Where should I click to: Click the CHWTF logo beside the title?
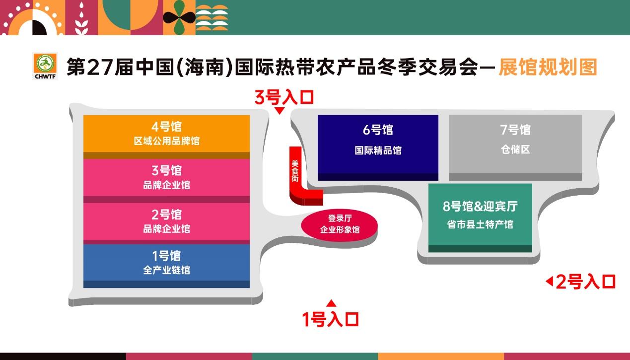point(45,66)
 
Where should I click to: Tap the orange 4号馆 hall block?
point(166,137)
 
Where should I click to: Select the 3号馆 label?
point(166,170)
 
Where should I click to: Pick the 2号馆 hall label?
point(166,215)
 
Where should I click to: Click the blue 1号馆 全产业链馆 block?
point(166,266)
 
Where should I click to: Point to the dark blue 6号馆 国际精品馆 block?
point(378,147)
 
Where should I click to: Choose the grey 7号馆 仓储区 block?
point(515,147)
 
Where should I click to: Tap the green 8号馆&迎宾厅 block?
point(480,218)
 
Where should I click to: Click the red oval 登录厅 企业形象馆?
point(340,225)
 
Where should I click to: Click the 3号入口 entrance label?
point(284,97)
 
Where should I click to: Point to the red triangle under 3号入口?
point(280,111)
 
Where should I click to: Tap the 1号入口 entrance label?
point(331,319)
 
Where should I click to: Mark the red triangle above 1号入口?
point(331,303)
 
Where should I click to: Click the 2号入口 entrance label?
point(586,282)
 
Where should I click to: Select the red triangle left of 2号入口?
point(549,281)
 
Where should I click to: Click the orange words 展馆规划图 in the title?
point(548,67)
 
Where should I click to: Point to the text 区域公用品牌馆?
point(166,141)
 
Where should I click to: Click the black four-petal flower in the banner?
point(179,17)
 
